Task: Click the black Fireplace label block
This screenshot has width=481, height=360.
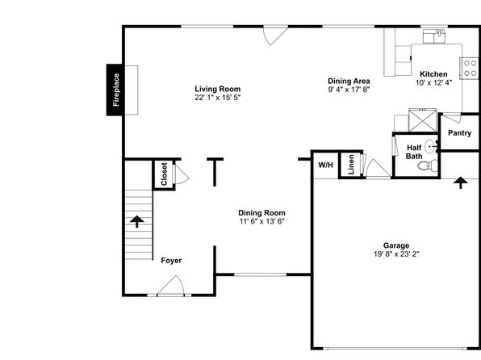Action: pos(115,90)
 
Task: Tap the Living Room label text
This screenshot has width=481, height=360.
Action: pos(218,90)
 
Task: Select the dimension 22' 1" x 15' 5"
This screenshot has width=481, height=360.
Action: pos(218,98)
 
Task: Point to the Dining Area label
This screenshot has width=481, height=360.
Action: pos(349,81)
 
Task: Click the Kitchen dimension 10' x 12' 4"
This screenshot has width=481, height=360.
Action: pos(433,82)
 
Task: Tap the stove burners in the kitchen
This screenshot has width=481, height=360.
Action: pos(470,68)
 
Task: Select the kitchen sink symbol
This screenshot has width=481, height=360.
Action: pos(434,36)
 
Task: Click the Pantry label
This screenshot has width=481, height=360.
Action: pos(459,133)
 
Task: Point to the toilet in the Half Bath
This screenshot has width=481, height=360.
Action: pos(428,165)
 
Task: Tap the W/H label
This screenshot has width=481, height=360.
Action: pos(325,165)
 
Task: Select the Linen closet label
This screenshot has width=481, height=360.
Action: pos(351,165)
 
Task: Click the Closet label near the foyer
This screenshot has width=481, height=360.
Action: pos(164,174)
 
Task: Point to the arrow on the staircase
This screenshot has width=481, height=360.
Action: pos(137,221)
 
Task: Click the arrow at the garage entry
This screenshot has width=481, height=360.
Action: pos(461,182)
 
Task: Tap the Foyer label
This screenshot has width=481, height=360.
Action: pos(171,261)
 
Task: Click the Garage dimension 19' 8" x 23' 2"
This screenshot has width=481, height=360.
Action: pos(396,254)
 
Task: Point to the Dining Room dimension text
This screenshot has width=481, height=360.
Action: pos(262,221)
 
